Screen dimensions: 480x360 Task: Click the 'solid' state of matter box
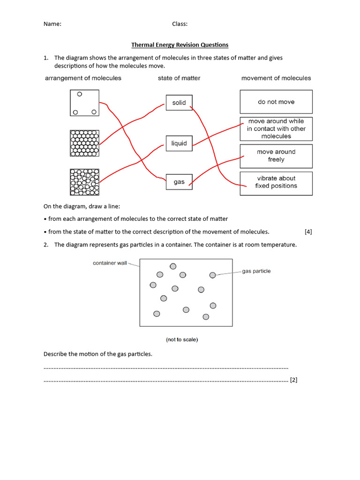point(179,103)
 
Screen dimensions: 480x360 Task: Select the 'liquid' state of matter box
point(179,143)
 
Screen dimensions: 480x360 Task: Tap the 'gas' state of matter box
point(179,182)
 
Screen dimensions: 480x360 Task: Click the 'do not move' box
point(276,102)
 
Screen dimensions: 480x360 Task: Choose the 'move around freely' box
point(276,156)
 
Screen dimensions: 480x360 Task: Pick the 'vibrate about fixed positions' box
point(276,182)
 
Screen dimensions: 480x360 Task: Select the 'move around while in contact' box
point(276,129)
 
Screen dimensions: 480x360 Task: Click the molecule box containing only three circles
point(84,103)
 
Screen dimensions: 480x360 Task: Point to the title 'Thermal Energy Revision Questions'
point(180,45)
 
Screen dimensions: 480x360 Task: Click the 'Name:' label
point(52,24)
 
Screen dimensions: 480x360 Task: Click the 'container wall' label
point(110,263)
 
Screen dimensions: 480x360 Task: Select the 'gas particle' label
point(256,271)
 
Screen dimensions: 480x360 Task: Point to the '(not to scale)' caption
point(182,339)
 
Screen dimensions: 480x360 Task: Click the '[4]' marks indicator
point(308,232)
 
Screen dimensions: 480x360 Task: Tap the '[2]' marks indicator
point(293,380)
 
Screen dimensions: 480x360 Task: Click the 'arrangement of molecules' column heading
point(83,78)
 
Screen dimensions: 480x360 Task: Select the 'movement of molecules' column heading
point(276,78)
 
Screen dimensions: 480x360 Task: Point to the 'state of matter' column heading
point(179,78)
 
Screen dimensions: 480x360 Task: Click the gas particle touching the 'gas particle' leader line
point(212,275)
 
